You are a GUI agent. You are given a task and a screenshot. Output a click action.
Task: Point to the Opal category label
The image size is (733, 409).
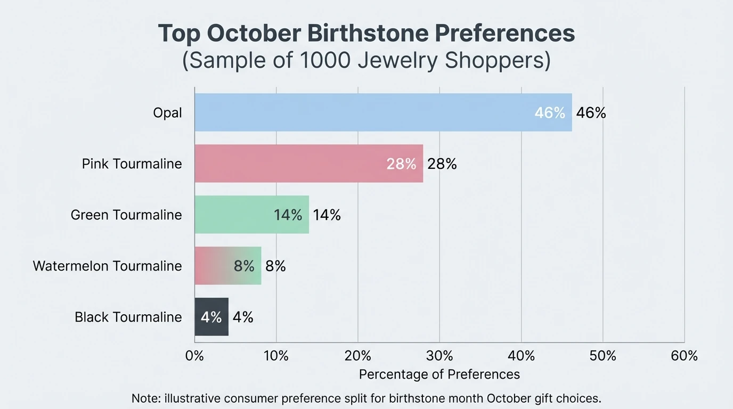[167, 113]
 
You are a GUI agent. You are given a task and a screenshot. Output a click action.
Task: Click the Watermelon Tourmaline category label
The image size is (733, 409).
[107, 266]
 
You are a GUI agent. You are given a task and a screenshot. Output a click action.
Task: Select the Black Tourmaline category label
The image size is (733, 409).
[128, 317]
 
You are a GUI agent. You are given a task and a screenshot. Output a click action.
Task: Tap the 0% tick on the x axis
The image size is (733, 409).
[194, 356]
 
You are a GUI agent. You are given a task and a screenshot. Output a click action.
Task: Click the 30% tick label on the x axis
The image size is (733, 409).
[439, 356]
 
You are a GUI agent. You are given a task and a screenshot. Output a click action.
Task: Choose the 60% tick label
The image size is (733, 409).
[684, 356]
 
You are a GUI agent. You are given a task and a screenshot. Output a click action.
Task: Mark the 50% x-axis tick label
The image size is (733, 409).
[602, 356]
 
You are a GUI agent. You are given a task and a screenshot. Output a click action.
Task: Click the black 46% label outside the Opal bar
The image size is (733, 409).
[591, 113]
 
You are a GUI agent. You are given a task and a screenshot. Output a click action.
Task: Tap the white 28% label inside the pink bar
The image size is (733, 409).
[401, 164]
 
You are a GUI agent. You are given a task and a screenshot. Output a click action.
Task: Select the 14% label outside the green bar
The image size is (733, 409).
[327, 215]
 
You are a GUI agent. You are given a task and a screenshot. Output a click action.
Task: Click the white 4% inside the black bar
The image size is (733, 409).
[211, 317]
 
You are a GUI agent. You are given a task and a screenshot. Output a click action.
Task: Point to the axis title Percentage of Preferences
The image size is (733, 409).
[439, 374]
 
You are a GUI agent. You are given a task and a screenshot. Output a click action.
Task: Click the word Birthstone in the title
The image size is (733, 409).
[366, 34]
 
